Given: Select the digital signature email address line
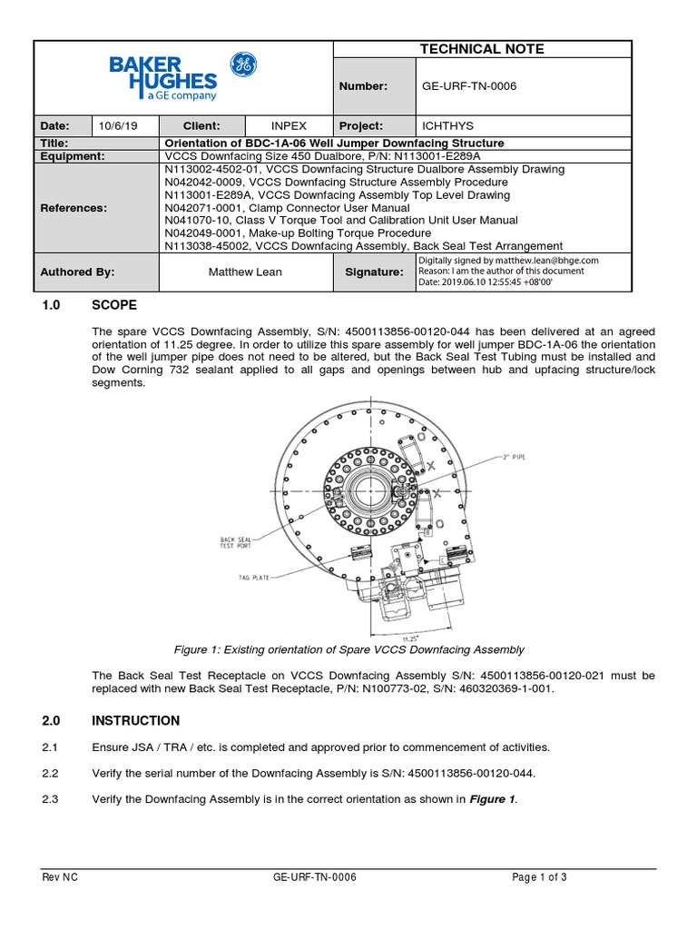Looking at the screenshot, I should tap(507, 260).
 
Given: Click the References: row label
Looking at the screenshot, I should tap(74, 208).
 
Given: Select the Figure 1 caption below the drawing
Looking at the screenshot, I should tap(348, 649).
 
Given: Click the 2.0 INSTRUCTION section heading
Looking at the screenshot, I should tap(112, 721).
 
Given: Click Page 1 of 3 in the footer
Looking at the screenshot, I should tap(539, 877).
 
